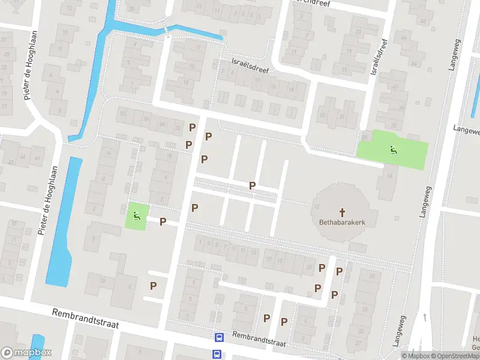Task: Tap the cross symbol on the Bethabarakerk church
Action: click(343, 212)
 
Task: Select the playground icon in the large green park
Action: click(393, 149)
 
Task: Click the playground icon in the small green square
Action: click(137, 215)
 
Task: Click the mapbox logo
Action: click(26, 353)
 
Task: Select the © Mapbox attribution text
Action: click(416, 356)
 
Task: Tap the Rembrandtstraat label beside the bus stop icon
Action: click(259, 339)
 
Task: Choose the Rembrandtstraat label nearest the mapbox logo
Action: click(85, 319)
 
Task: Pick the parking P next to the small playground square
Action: click(163, 221)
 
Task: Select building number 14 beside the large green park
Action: click(389, 176)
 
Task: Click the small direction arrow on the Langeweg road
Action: click(424, 316)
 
